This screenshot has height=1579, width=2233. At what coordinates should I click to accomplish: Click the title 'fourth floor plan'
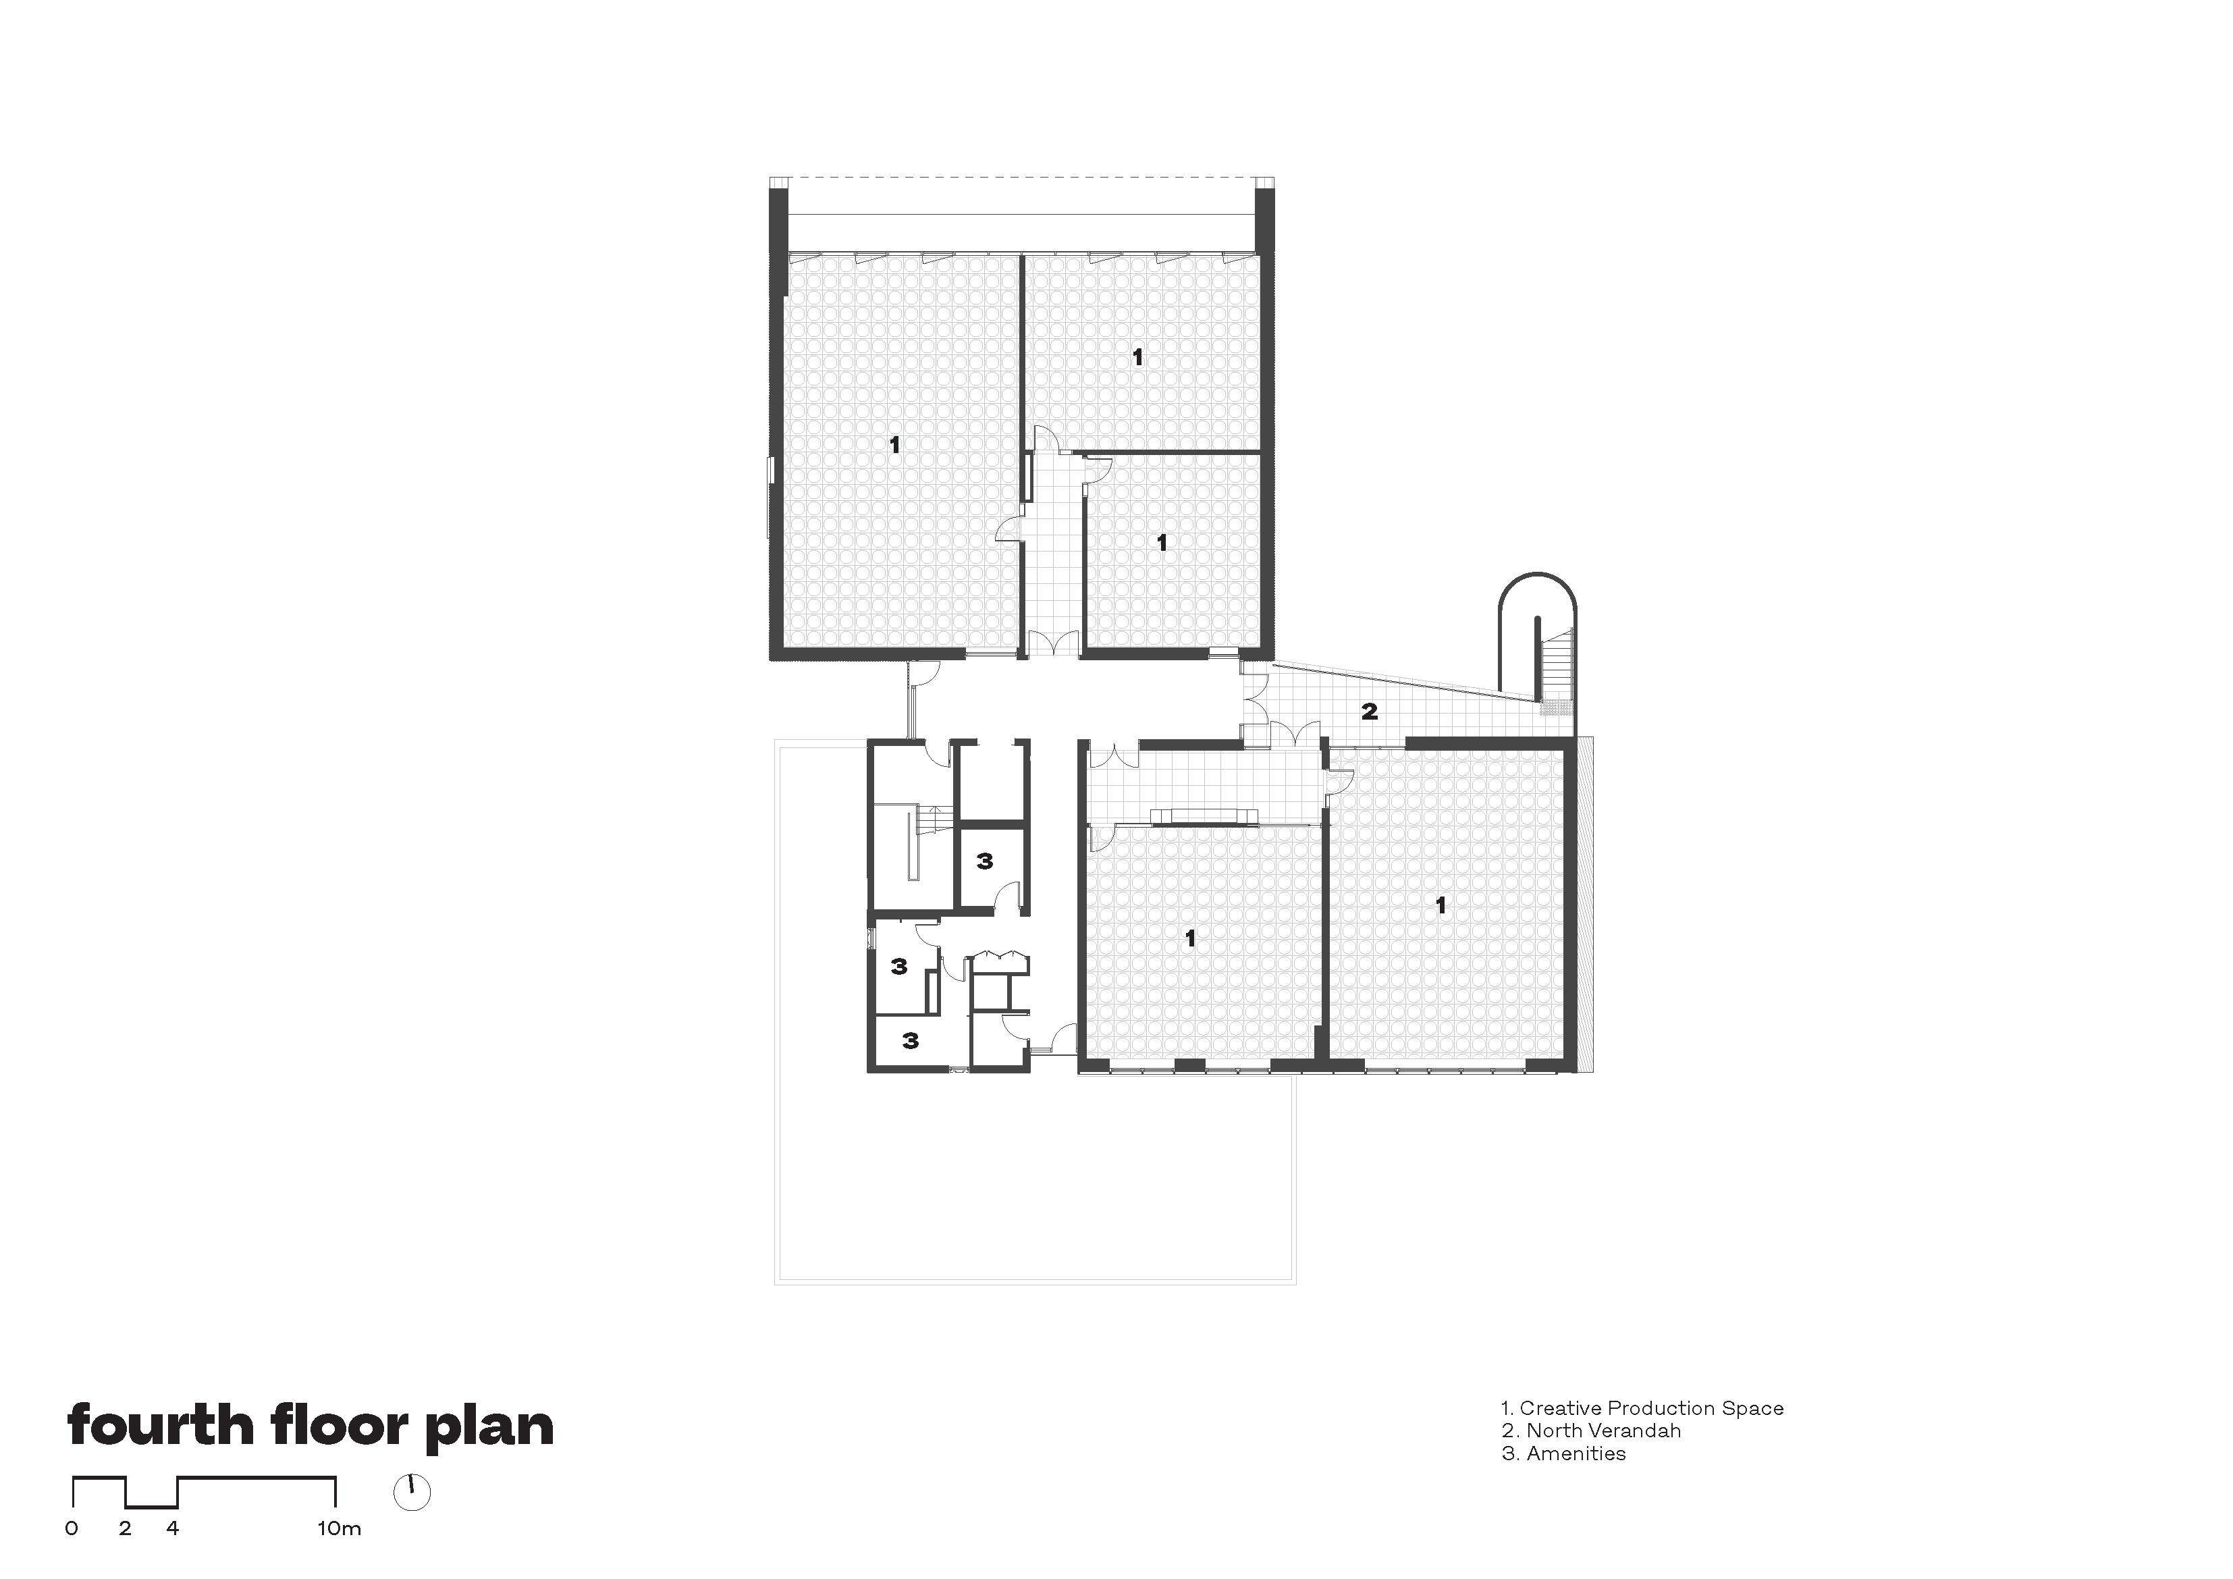coord(311,1427)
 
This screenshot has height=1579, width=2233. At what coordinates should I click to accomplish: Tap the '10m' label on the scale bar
coord(338,1528)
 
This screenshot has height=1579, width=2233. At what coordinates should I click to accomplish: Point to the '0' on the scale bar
coord(72,1528)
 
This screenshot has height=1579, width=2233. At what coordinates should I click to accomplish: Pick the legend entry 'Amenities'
coord(1576,1453)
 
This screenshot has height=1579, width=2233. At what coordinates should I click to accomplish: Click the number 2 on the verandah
coord(1370,711)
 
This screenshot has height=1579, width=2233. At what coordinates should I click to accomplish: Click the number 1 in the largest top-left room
coord(894,446)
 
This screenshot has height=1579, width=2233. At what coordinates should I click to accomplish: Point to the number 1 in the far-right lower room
coord(1441,906)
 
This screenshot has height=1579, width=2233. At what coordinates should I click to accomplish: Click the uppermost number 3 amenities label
coord(984,861)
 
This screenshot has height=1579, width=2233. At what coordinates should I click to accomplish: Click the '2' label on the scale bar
coord(124,1528)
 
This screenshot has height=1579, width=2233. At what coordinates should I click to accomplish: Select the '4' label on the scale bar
coord(172,1528)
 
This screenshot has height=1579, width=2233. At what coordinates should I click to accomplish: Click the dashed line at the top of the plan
coord(1021,178)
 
